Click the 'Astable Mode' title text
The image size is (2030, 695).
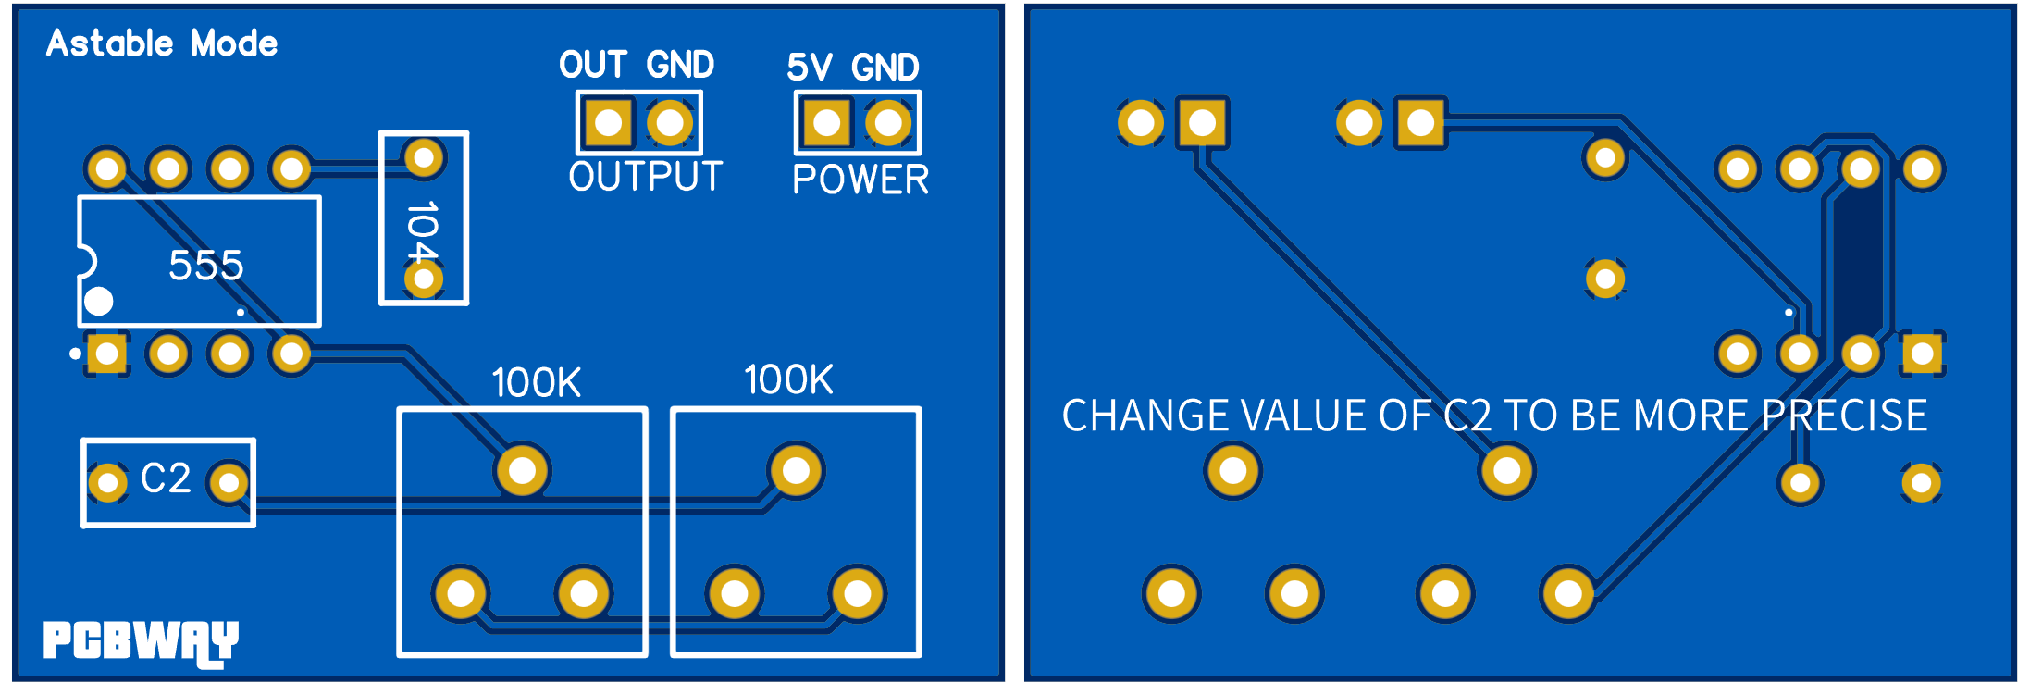(x=162, y=43)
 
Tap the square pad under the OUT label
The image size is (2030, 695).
(x=608, y=122)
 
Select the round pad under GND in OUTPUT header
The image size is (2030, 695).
(x=670, y=122)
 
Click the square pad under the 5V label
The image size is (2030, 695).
(x=826, y=122)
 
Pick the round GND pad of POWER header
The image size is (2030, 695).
(x=888, y=122)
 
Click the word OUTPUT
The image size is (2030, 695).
(x=645, y=177)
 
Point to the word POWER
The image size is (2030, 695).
(x=860, y=180)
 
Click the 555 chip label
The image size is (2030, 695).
(x=205, y=266)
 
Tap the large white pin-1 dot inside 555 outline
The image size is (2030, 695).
(x=99, y=301)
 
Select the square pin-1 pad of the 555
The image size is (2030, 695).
(x=107, y=353)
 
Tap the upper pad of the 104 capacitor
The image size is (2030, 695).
(x=424, y=158)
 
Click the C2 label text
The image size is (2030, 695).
(x=166, y=478)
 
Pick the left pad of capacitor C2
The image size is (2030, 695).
(x=107, y=482)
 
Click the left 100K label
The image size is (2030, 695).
(x=536, y=382)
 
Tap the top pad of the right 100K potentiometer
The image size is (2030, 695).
(x=796, y=470)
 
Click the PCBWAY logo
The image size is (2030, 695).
(x=141, y=641)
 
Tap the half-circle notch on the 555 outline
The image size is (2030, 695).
(x=86, y=262)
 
